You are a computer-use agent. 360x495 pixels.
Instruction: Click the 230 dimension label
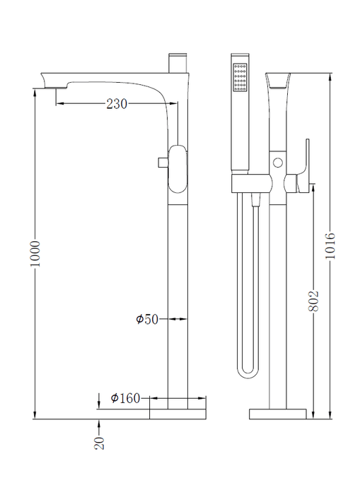(x=117, y=103)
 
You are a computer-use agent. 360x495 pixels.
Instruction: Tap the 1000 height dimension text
(x=35, y=253)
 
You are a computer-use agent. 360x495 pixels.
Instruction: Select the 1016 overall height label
(x=330, y=245)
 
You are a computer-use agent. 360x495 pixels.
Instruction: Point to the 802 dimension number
(x=313, y=301)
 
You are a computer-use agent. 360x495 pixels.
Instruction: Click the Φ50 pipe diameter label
(x=147, y=319)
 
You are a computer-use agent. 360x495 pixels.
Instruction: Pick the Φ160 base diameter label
(x=125, y=398)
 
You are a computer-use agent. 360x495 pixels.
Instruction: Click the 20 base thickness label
(x=99, y=443)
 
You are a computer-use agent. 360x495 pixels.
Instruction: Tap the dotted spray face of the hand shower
(x=240, y=78)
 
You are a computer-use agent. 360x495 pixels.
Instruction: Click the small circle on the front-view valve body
(x=278, y=163)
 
